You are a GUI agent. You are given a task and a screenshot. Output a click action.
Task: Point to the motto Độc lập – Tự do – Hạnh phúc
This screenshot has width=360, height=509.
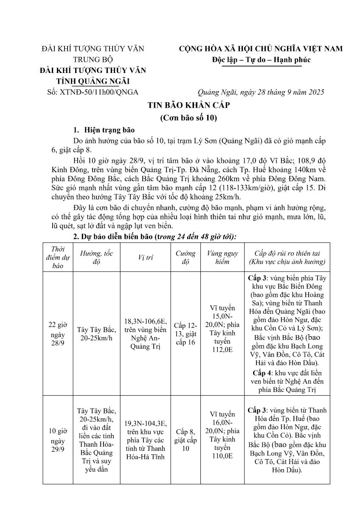[261, 60]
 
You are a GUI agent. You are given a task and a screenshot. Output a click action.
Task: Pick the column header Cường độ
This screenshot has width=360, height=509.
[185, 257]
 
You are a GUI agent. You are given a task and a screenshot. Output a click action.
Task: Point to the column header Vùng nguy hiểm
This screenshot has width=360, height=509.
[222, 257]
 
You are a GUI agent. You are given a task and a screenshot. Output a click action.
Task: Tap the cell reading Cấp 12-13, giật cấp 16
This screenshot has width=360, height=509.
[185, 333]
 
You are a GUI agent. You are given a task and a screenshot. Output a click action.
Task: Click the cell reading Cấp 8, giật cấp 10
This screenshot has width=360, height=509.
[185, 439]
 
